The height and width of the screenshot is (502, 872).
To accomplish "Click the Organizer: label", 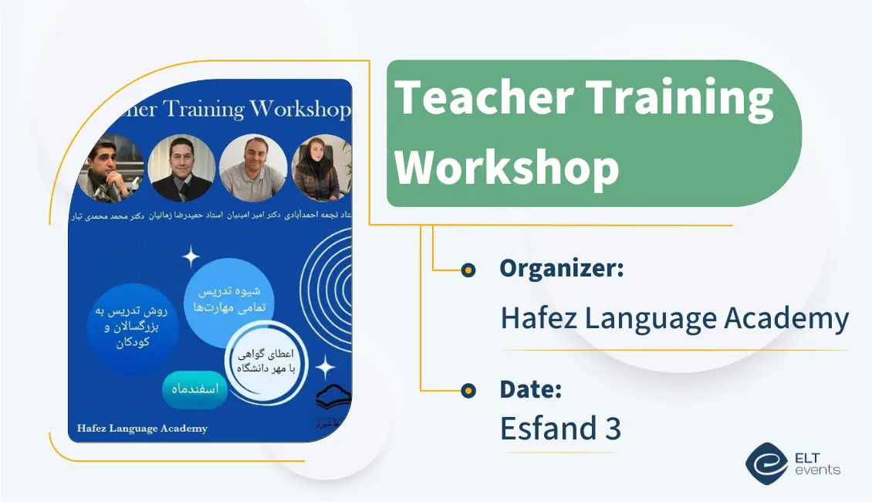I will [x=561, y=269].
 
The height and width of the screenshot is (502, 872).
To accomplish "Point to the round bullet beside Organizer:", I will [x=468, y=270].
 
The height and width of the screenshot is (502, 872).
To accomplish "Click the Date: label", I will [x=530, y=389].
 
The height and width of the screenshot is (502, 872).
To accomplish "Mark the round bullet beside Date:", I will [x=468, y=391].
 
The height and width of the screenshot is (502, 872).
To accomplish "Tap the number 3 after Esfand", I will [x=612, y=428].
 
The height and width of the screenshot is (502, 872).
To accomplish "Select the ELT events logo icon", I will [x=766, y=463].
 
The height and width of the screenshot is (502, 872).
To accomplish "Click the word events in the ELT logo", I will [x=817, y=470].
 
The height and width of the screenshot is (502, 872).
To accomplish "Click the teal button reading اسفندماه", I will [x=194, y=389].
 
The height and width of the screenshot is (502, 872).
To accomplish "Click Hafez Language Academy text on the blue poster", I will [x=142, y=428].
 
